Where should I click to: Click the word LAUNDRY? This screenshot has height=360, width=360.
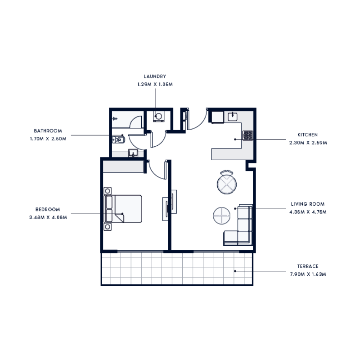pyautogui.click(x=155, y=76)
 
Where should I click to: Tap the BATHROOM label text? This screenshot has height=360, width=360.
pyautogui.click(x=48, y=131)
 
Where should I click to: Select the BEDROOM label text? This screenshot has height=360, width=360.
pyautogui.click(x=48, y=210)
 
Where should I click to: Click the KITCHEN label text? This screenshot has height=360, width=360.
pyautogui.click(x=308, y=135)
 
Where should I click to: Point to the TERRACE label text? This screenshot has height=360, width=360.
pyautogui.click(x=308, y=266)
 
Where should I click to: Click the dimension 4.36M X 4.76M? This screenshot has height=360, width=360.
pyautogui.click(x=308, y=211)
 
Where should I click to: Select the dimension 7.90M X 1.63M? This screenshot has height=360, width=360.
pyautogui.click(x=308, y=274)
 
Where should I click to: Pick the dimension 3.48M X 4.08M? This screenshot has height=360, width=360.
pyautogui.click(x=48, y=217)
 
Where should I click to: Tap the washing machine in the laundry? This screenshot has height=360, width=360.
pyautogui.click(x=158, y=117)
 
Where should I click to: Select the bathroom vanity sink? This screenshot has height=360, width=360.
pyautogui.click(x=133, y=153)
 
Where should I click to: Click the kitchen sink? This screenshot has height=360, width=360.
pyautogui.click(x=232, y=117)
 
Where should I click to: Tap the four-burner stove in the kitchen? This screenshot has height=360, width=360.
pyautogui.click(x=247, y=135)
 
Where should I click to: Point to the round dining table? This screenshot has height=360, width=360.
pyautogui.click(x=226, y=183)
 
